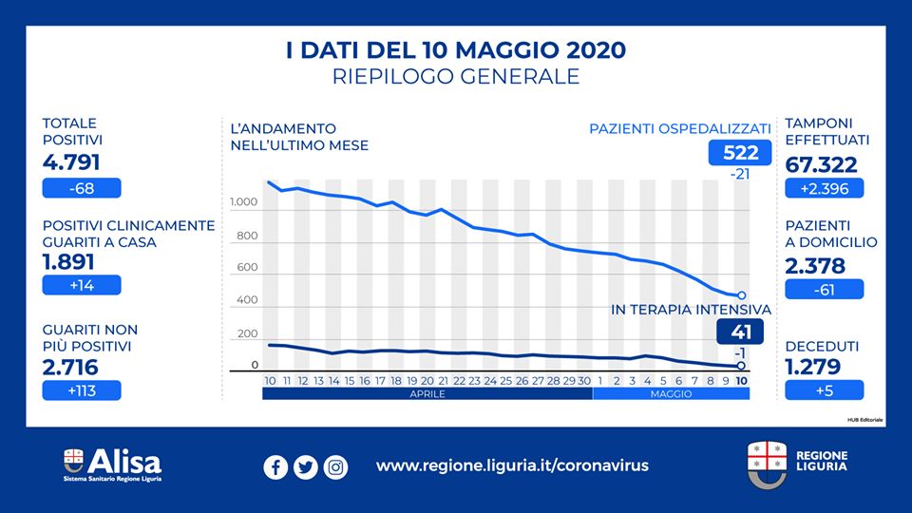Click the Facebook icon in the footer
[x=275, y=467]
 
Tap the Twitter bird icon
[x=305, y=467]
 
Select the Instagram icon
[x=335, y=467]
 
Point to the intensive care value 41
[x=732, y=332]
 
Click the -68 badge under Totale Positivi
[x=81, y=188]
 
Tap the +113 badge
[x=81, y=389]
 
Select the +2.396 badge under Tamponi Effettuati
[x=824, y=188]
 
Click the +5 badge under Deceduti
[x=824, y=389]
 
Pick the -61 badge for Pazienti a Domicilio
[x=824, y=289]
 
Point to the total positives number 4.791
[x=71, y=162]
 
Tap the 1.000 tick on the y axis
[x=243, y=203]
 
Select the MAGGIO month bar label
[x=671, y=392]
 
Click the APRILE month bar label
[x=427, y=392]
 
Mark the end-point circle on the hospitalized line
[x=741, y=295]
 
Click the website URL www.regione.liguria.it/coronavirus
[x=512, y=466]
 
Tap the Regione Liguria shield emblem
[x=766, y=463]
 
